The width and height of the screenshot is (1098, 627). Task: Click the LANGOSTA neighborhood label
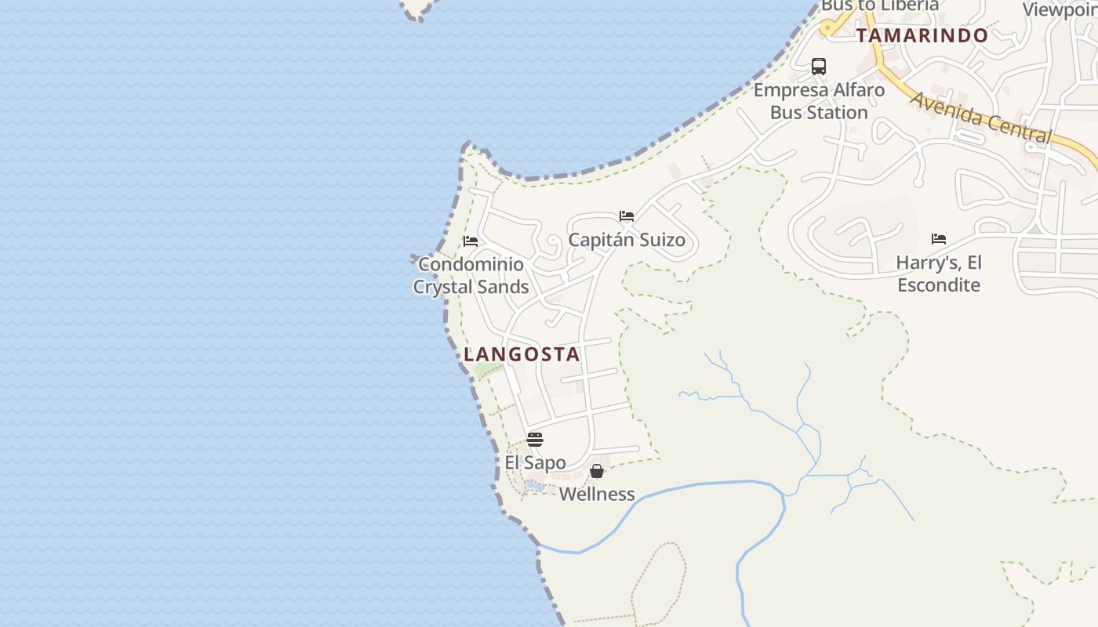point(522,354)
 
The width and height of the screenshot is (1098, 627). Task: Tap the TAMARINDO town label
point(922,35)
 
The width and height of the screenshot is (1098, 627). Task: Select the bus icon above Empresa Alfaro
point(819,67)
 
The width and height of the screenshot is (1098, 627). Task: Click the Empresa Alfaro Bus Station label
point(819,101)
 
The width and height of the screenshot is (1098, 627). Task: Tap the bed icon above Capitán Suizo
point(627,216)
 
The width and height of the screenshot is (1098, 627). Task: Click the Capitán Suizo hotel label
point(627,240)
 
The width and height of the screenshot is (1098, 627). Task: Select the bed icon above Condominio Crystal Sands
point(471,241)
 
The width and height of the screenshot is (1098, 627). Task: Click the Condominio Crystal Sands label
point(471,275)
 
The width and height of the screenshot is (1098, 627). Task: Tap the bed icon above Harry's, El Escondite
point(939,239)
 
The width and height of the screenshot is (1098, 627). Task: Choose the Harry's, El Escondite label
point(939,274)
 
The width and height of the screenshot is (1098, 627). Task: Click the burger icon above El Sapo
point(535,439)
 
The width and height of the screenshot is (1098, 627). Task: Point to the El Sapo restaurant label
point(535,462)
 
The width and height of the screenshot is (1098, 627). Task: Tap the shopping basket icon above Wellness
point(597,471)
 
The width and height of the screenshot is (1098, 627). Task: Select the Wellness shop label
point(597,494)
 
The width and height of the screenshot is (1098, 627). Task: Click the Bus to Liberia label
point(879,6)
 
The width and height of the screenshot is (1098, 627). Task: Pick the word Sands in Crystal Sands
point(500,287)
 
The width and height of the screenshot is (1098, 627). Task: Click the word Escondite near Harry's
point(939,285)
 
